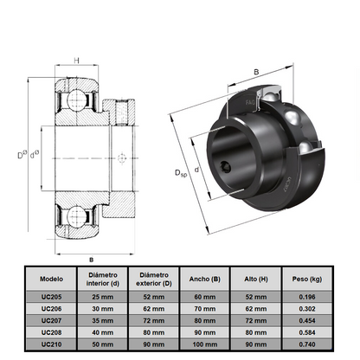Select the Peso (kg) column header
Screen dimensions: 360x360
309,280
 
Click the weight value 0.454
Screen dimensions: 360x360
309,320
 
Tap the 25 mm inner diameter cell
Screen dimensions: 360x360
102,297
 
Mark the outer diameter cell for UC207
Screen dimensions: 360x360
154,320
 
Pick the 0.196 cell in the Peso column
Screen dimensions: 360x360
309,297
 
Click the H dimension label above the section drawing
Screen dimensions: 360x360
76,61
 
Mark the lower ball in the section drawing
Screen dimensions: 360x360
75,215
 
